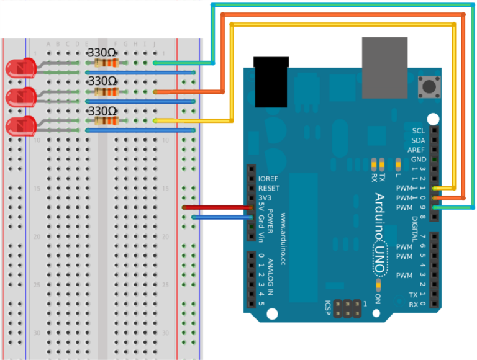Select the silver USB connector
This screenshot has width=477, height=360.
click(384, 67)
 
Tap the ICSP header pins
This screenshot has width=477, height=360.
click(347, 308)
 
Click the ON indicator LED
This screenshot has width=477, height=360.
click(378, 284)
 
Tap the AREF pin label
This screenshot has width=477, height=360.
click(416, 150)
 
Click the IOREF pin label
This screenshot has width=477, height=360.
click(269, 179)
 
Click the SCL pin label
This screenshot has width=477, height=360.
click(418, 131)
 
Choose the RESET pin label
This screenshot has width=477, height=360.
click(269, 188)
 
